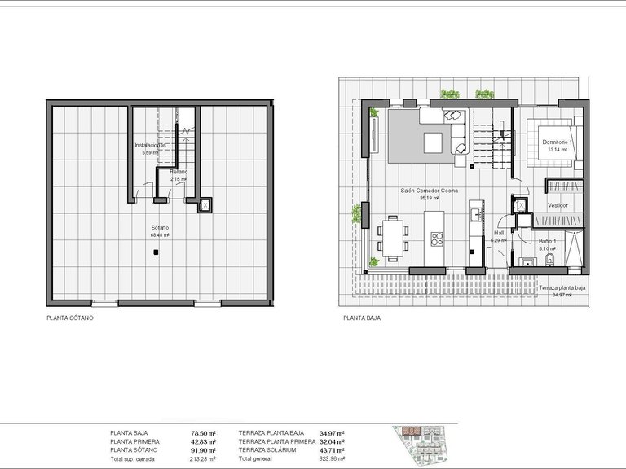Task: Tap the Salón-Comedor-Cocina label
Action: click(x=424, y=191)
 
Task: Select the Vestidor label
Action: click(x=558, y=205)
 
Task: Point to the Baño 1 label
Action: click(x=547, y=241)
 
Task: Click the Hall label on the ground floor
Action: click(x=499, y=231)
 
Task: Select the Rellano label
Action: click(x=179, y=172)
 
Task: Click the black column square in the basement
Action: click(x=154, y=254)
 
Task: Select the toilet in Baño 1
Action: click(x=551, y=260)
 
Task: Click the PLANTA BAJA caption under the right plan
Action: click(x=362, y=318)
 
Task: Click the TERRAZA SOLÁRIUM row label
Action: click(x=271, y=450)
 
